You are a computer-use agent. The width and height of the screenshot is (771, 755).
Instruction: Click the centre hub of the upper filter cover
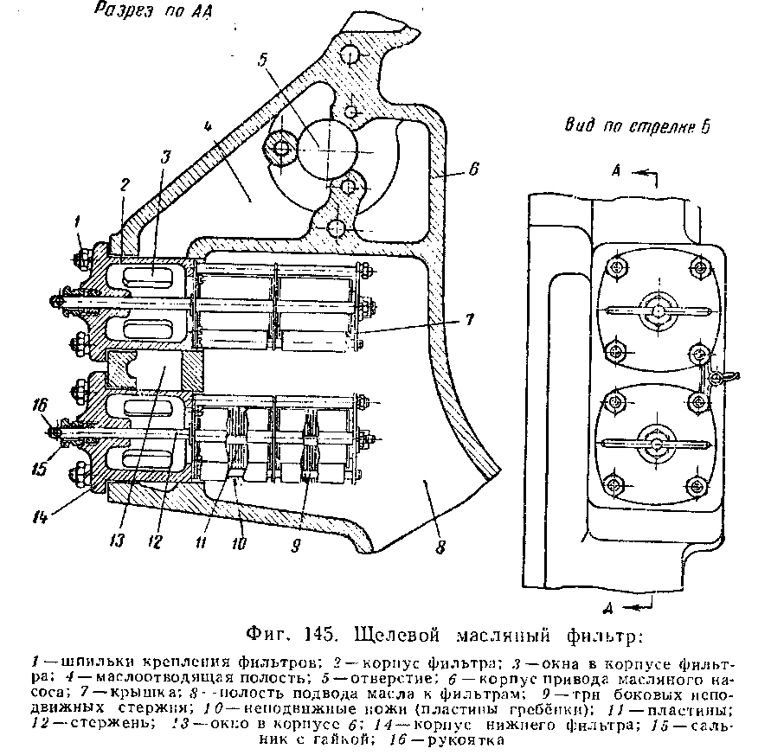659,309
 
